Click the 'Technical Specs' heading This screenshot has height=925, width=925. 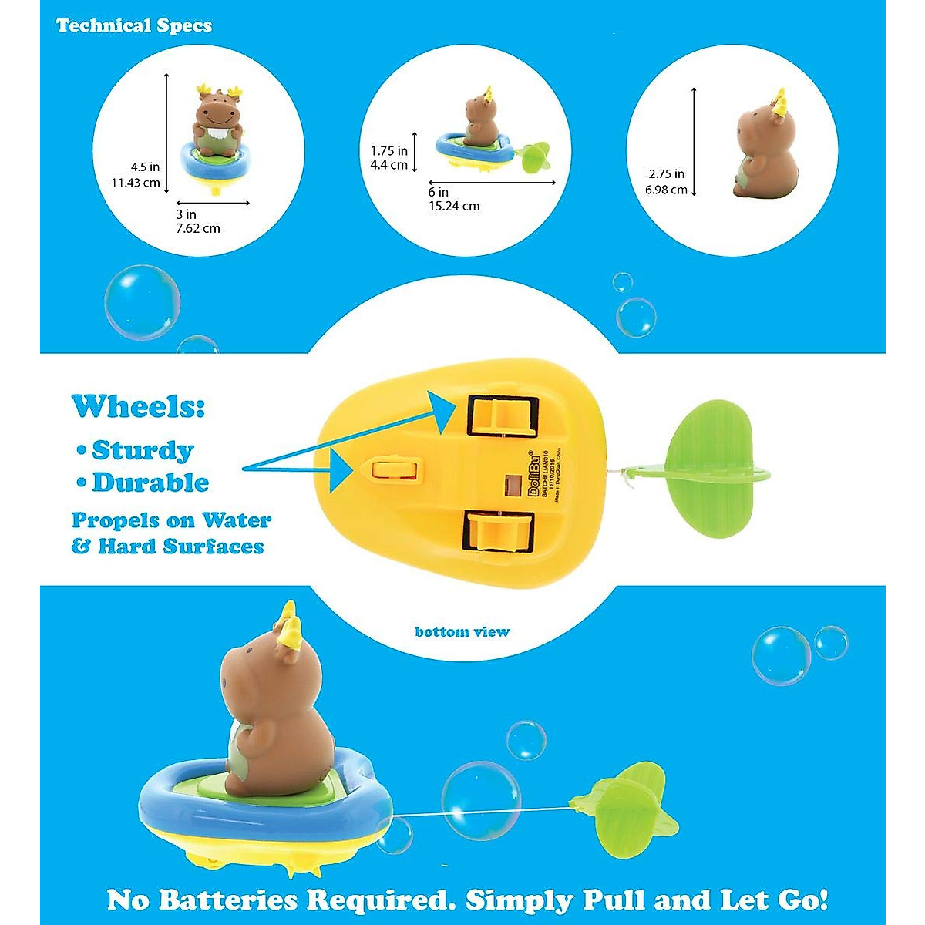tap(134, 25)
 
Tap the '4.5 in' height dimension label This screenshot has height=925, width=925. tap(146, 166)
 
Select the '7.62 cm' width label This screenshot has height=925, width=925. tap(198, 228)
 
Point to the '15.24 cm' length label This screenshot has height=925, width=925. tap(454, 206)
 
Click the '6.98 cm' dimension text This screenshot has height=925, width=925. tap(667, 189)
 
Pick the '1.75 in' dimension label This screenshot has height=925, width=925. tap(388, 151)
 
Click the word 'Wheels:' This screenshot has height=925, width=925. tap(139, 405)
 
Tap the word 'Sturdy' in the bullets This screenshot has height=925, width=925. tap(143, 449)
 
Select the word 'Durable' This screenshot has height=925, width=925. tap(150, 483)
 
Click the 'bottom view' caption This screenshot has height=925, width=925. tap(462, 632)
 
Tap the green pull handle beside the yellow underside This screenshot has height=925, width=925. tap(709, 470)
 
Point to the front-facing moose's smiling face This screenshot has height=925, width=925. tap(216, 116)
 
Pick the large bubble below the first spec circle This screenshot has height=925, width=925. tap(143, 303)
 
